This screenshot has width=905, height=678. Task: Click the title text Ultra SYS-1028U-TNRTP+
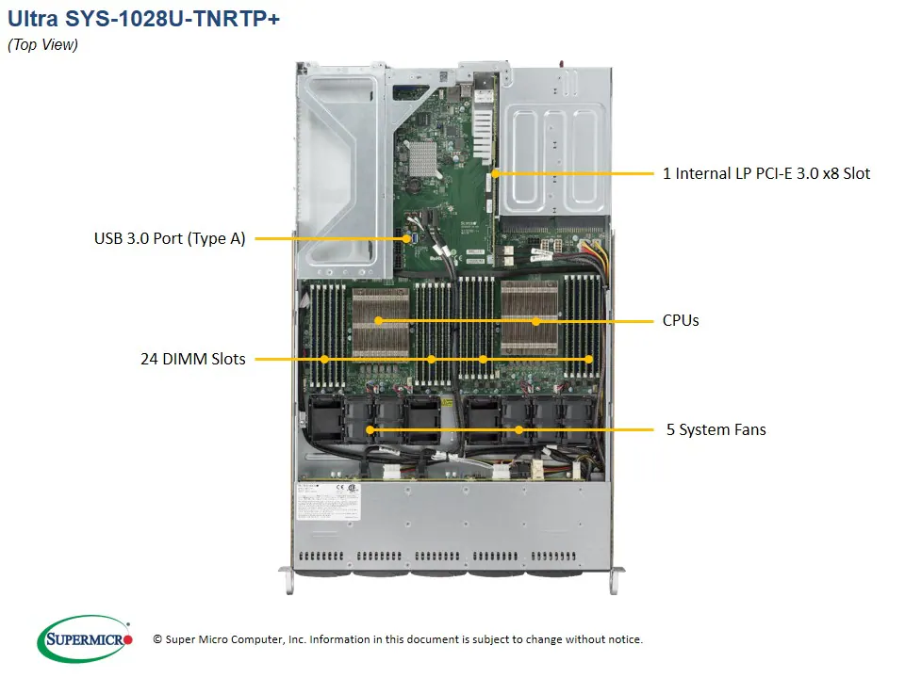(x=143, y=18)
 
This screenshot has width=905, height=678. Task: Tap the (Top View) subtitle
(x=42, y=44)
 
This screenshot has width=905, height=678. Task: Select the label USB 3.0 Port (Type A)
(x=170, y=239)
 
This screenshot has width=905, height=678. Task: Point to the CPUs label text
(x=681, y=321)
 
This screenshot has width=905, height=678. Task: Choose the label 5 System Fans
(x=716, y=430)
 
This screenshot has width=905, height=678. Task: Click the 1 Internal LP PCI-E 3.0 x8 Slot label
(x=766, y=173)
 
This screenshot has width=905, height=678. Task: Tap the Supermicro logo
(x=85, y=638)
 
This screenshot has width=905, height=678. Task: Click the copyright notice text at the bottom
(x=398, y=639)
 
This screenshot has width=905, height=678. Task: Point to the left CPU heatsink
(x=381, y=321)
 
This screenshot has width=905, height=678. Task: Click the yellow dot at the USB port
(x=406, y=239)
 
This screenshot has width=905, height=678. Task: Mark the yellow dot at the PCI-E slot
(x=492, y=173)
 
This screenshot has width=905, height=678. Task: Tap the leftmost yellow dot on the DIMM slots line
(x=324, y=359)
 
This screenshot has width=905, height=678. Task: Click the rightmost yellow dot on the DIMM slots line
(x=589, y=359)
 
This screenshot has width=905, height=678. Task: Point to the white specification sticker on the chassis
(x=326, y=501)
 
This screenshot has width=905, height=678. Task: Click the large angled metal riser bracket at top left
(x=339, y=151)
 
